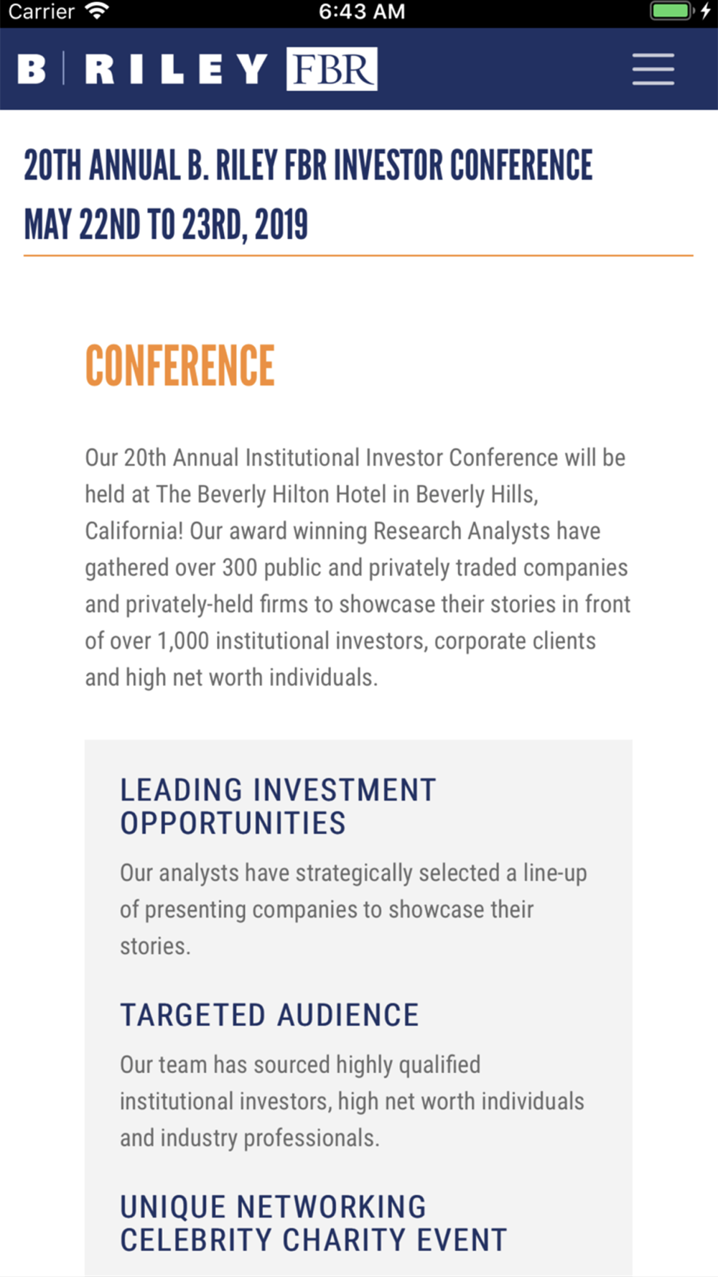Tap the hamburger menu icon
pyautogui.click(x=653, y=69)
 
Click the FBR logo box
pyautogui.click(x=332, y=69)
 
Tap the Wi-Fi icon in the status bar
pyautogui.click(x=96, y=11)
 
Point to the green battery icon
pyautogui.click(x=671, y=11)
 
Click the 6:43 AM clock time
pyautogui.click(x=362, y=11)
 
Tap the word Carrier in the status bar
pyautogui.click(x=41, y=11)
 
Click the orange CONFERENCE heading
pyautogui.click(x=179, y=366)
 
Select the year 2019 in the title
pyautogui.click(x=281, y=225)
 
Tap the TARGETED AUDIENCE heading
pyautogui.click(x=269, y=1015)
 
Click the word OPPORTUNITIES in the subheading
pyautogui.click(x=233, y=823)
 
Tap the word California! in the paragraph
pyautogui.click(x=134, y=531)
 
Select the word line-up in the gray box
pyautogui.click(x=555, y=873)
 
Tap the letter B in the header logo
pyautogui.click(x=32, y=69)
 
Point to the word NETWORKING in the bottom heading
pyautogui.click(x=331, y=1207)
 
